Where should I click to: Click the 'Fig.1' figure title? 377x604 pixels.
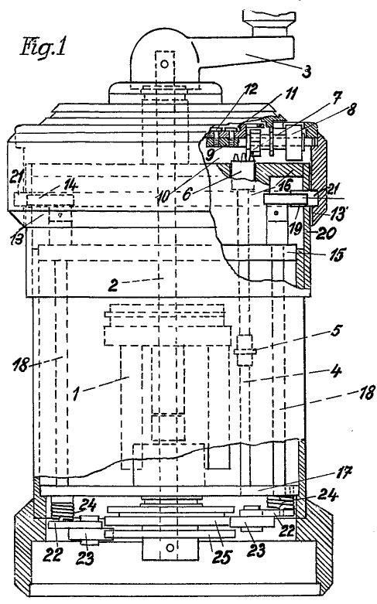coord(43,47)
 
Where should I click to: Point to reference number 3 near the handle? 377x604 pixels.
coord(307,72)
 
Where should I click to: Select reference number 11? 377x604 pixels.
coord(290,94)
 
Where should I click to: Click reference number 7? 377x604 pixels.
coord(334,100)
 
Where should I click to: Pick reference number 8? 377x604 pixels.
coord(349,109)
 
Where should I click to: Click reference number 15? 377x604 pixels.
coord(337,255)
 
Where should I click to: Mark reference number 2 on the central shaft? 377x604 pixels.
coord(113,285)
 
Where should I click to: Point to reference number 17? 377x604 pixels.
coord(343,473)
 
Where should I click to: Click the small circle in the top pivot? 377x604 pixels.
coord(165,64)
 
